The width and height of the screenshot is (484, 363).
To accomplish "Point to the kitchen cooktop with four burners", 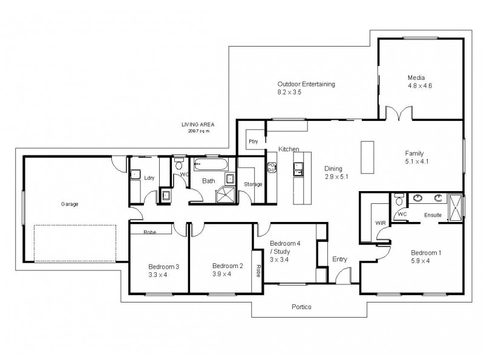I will [x=272, y=164].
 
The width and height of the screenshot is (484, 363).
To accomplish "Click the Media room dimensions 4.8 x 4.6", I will [x=419, y=86].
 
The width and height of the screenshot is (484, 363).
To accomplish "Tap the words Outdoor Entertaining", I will [x=306, y=84].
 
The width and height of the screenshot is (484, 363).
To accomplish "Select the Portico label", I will [x=301, y=307].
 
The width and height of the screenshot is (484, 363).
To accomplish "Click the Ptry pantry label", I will [x=253, y=141].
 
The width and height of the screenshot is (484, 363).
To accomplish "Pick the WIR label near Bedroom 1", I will [x=381, y=223].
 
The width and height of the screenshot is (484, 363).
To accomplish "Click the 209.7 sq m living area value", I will [x=198, y=131].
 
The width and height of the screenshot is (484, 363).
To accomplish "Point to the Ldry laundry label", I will [x=149, y=177].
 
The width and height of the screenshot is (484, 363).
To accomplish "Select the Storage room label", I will [x=253, y=184].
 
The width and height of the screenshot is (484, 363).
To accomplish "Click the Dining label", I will [x=333, y=169].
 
